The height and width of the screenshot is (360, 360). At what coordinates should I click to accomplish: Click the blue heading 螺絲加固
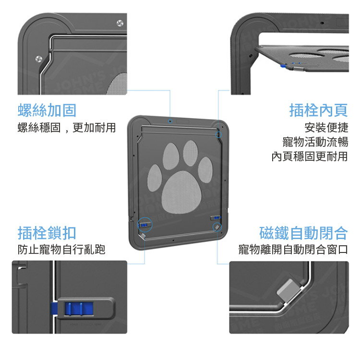pos(47,110)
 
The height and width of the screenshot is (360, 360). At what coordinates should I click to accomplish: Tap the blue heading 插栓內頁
pos(319,110)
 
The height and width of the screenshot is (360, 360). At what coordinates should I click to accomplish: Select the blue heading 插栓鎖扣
pos(47,233)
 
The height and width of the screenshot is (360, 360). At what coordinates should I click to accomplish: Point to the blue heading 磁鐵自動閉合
pos(303,233)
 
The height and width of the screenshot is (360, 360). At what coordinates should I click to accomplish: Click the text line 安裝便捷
pos(326,128)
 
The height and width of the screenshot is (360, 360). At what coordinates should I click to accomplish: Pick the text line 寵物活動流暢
pos(315,142)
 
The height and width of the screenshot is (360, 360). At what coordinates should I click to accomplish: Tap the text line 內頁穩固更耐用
pos(310,156)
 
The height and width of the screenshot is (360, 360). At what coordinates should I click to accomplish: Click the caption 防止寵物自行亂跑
pos(61,250)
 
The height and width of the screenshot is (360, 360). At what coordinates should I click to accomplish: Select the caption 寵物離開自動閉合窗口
pos(293,250)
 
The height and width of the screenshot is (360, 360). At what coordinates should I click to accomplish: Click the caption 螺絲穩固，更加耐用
pos(67,128)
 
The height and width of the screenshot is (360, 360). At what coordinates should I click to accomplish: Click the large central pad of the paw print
pos(181,192)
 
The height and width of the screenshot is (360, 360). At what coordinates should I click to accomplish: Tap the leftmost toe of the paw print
pos(154,178)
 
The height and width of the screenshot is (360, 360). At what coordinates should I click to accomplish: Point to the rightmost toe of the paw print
pos(205,170)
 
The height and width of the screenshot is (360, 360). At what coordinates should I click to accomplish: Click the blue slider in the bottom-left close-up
pos(79,308)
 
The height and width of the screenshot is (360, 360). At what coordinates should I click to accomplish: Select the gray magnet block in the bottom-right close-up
pos(289,290)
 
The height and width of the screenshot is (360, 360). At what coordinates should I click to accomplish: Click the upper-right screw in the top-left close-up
pos(120,23)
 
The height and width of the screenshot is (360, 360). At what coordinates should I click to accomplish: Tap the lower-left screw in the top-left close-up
pos(39,59)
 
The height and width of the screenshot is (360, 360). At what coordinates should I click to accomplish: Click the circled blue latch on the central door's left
pos(144,225)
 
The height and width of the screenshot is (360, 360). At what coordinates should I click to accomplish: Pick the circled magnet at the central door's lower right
pos(217,228)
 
